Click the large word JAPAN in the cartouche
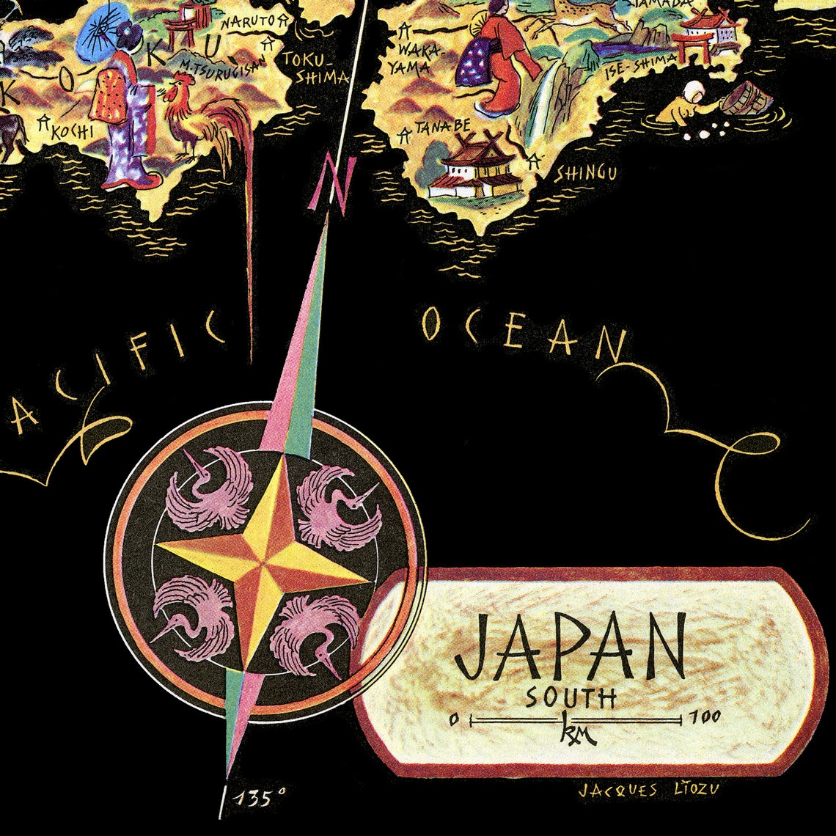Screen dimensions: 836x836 571,648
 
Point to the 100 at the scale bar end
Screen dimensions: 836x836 705,716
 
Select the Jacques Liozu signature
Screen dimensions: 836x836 648,790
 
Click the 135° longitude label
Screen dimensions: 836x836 261,797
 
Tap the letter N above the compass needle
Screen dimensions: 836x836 332,188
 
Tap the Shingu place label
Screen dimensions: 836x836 584,173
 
